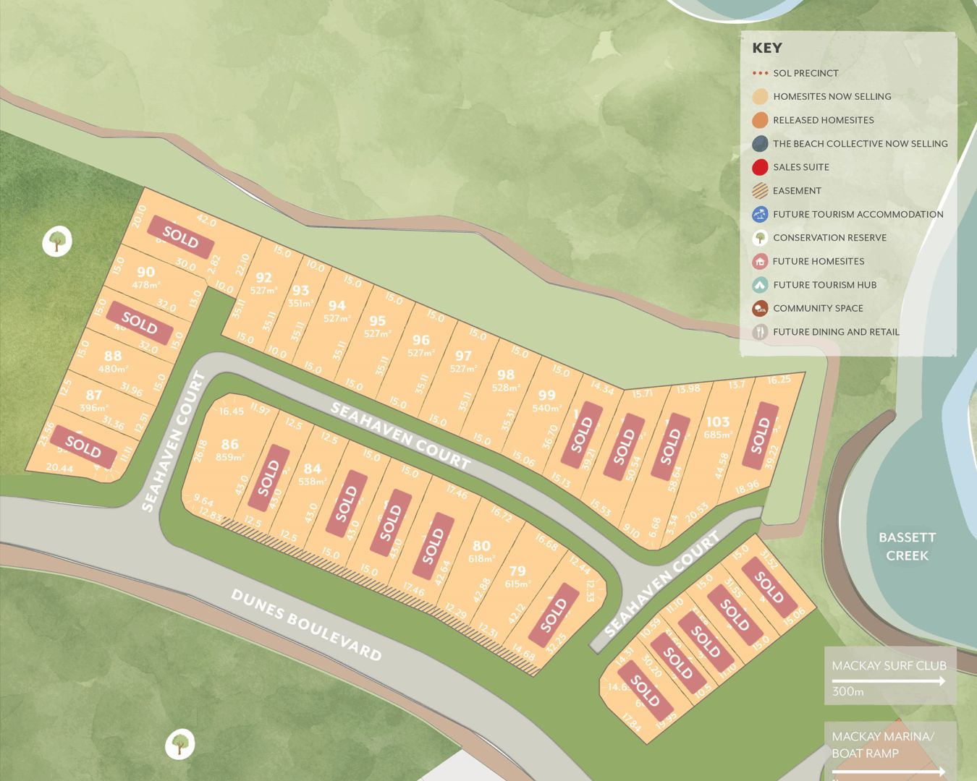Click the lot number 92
264,277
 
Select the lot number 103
718,422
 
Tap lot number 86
230,444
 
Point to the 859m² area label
230,457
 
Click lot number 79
517,571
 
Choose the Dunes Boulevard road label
306,625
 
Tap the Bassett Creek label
907,546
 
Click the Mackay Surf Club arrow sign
889,675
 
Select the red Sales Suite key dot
760,167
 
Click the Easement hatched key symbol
760,191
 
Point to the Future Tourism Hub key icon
760,285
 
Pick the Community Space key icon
760,308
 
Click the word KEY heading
767,48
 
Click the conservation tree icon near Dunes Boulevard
179,743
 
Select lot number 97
463,356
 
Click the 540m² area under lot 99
547,408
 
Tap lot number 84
312,469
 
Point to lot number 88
113,356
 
